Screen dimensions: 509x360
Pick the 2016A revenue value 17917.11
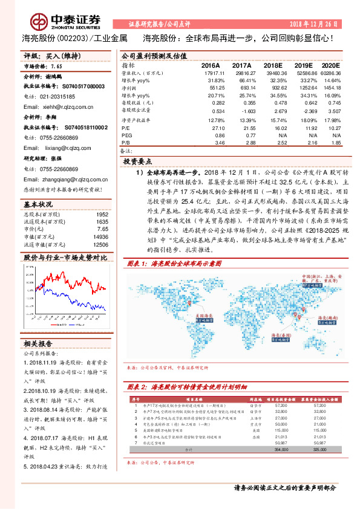(213, 73)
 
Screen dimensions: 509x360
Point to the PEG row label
(126, 135)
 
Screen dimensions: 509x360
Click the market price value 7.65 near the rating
(57, 66)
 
